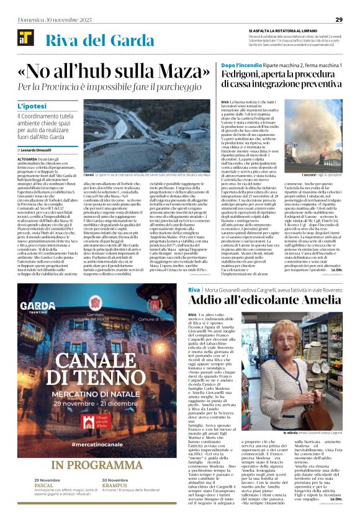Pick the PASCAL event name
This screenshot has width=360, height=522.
pos(44,505)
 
